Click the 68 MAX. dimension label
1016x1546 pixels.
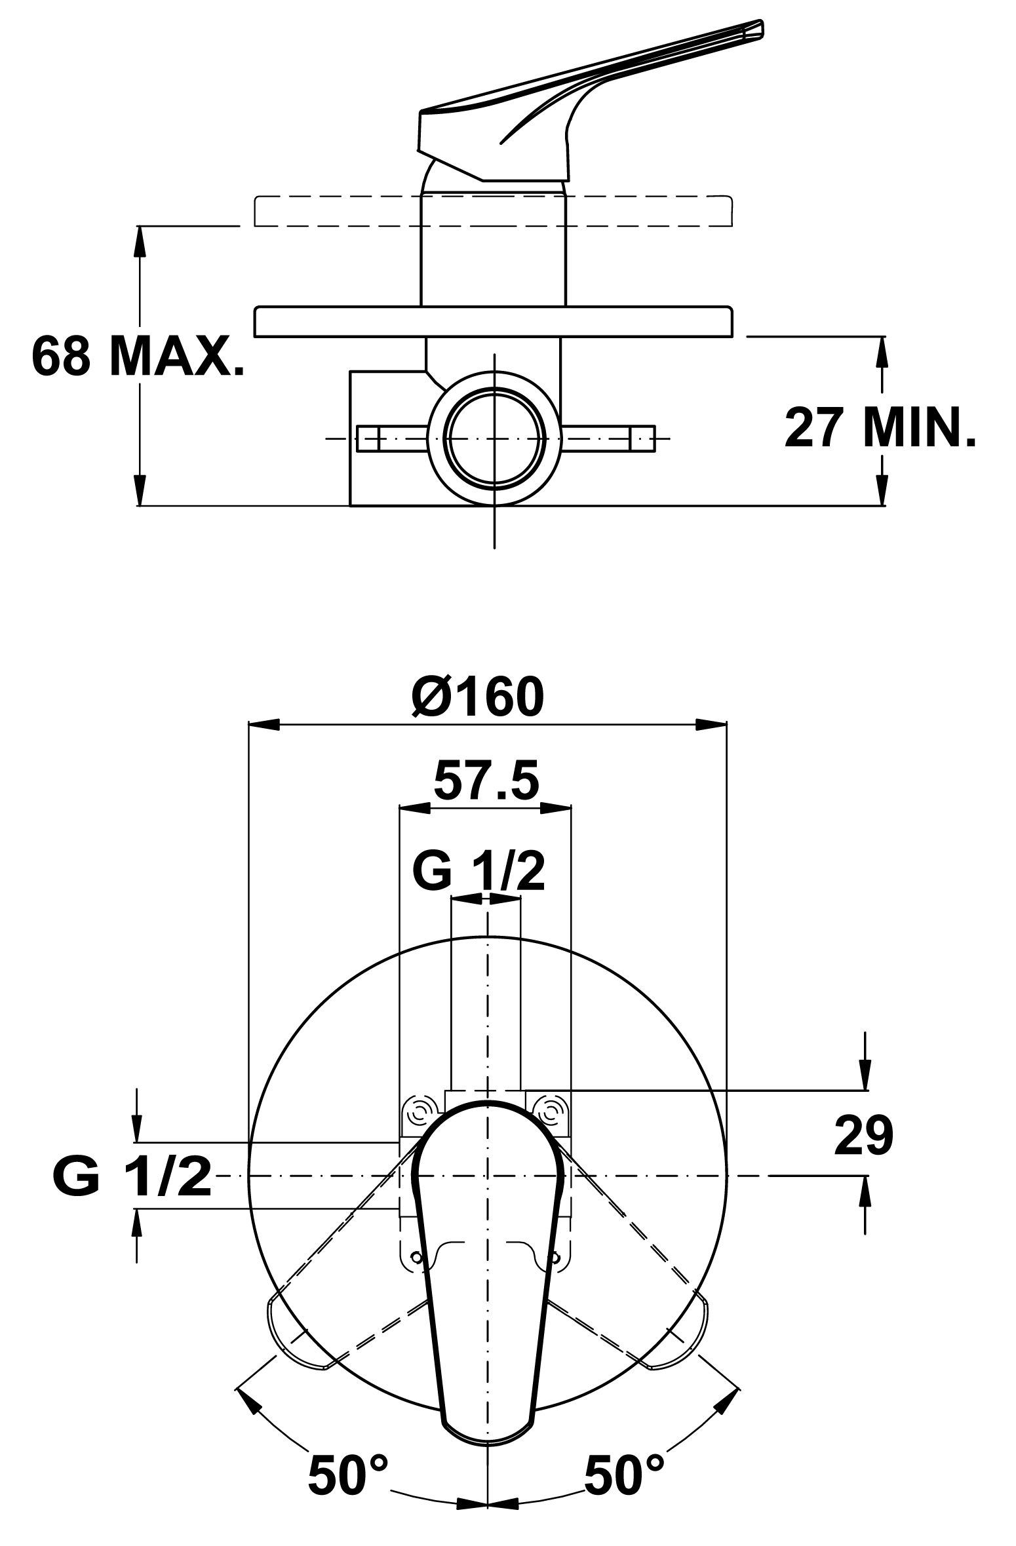click(x=138, y=357)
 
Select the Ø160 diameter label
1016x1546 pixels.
click(x=478, y=697)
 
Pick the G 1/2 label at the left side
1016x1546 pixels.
click(x=132, y=1177)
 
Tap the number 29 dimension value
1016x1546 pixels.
click(x=864, y=1135)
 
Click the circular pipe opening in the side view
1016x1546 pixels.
click(x=494, y=438)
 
